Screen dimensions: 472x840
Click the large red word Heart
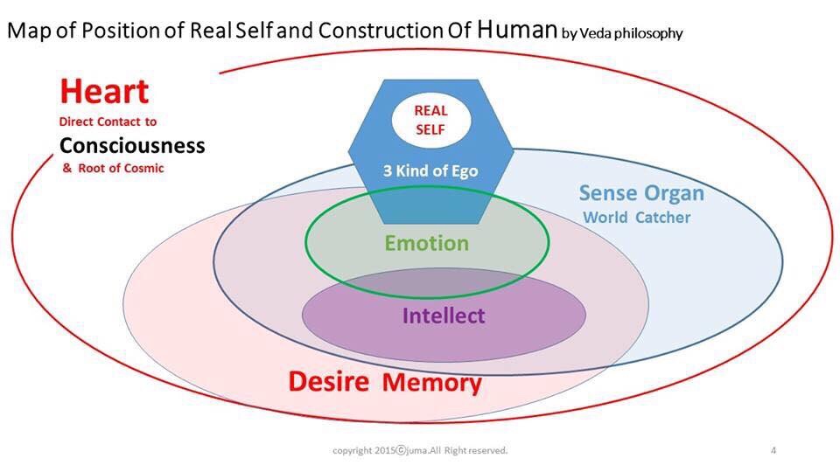(x=104, y=92)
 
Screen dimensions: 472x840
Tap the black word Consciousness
(x=132, y=145)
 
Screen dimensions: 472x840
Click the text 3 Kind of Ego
(x=430, y=170)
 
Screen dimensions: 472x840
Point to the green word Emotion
(x=427, y=243)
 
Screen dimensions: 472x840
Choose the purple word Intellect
(x=443, y=316)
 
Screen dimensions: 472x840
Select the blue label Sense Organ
(x=640, y=193)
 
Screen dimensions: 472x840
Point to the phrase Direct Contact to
(x=108, y=121)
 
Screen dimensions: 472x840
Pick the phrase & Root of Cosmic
(x=113, y=168)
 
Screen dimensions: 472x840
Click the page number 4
(x=773, y=450)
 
